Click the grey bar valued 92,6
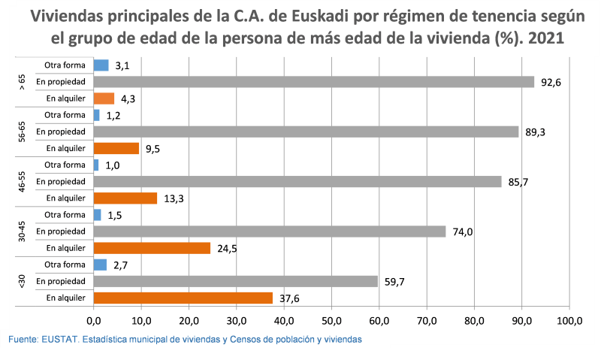(x=313, y=82)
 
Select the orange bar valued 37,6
(x=183, y=298)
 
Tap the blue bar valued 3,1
(x=101, y=65)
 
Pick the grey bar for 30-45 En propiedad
(x=269, y=231)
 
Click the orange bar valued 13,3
(x=125, y=198)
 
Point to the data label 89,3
(x=535, y=132)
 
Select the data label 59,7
(x=394, y=282)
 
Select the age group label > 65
(x=22, y=82)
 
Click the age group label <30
(x=22, y=281)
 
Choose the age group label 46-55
(x=22, y=182)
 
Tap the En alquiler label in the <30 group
(x=65, y=298)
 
